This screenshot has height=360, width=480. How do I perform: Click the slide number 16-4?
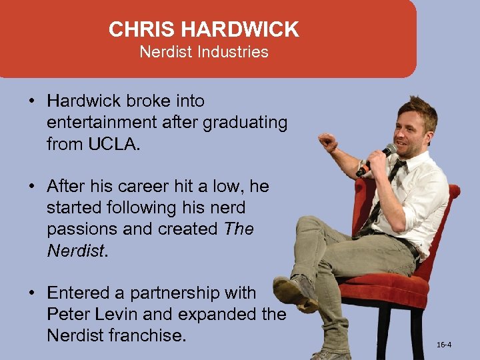point(444,345)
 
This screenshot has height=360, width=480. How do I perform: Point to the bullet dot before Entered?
point(31,293)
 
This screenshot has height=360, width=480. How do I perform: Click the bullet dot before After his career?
point(31,186)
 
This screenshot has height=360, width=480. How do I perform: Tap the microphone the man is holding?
point(378,159)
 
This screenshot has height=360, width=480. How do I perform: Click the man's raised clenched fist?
point(327,141)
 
